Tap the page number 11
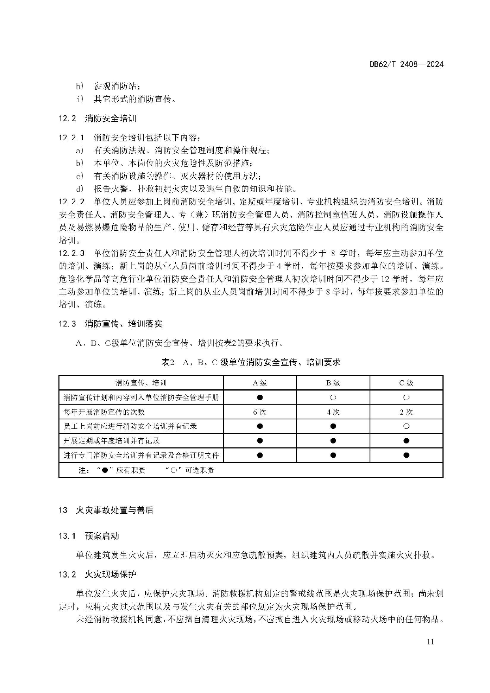[430, 642]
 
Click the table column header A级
[260, 383]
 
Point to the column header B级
[333, 383]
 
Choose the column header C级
[406, 383]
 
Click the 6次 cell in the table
[260, 412]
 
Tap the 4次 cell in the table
[333, 412]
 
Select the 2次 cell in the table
[406, 412]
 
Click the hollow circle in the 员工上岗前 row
[406, 426]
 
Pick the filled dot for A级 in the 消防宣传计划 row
[260, 397]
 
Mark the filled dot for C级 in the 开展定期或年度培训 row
[406, 441]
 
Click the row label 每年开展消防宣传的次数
[104, 412]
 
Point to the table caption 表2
[168, 362]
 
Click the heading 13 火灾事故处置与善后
[106, 510]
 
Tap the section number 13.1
[67, 536]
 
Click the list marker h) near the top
[80, 86]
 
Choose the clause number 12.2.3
[71, 253]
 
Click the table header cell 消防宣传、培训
[141, 383]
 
